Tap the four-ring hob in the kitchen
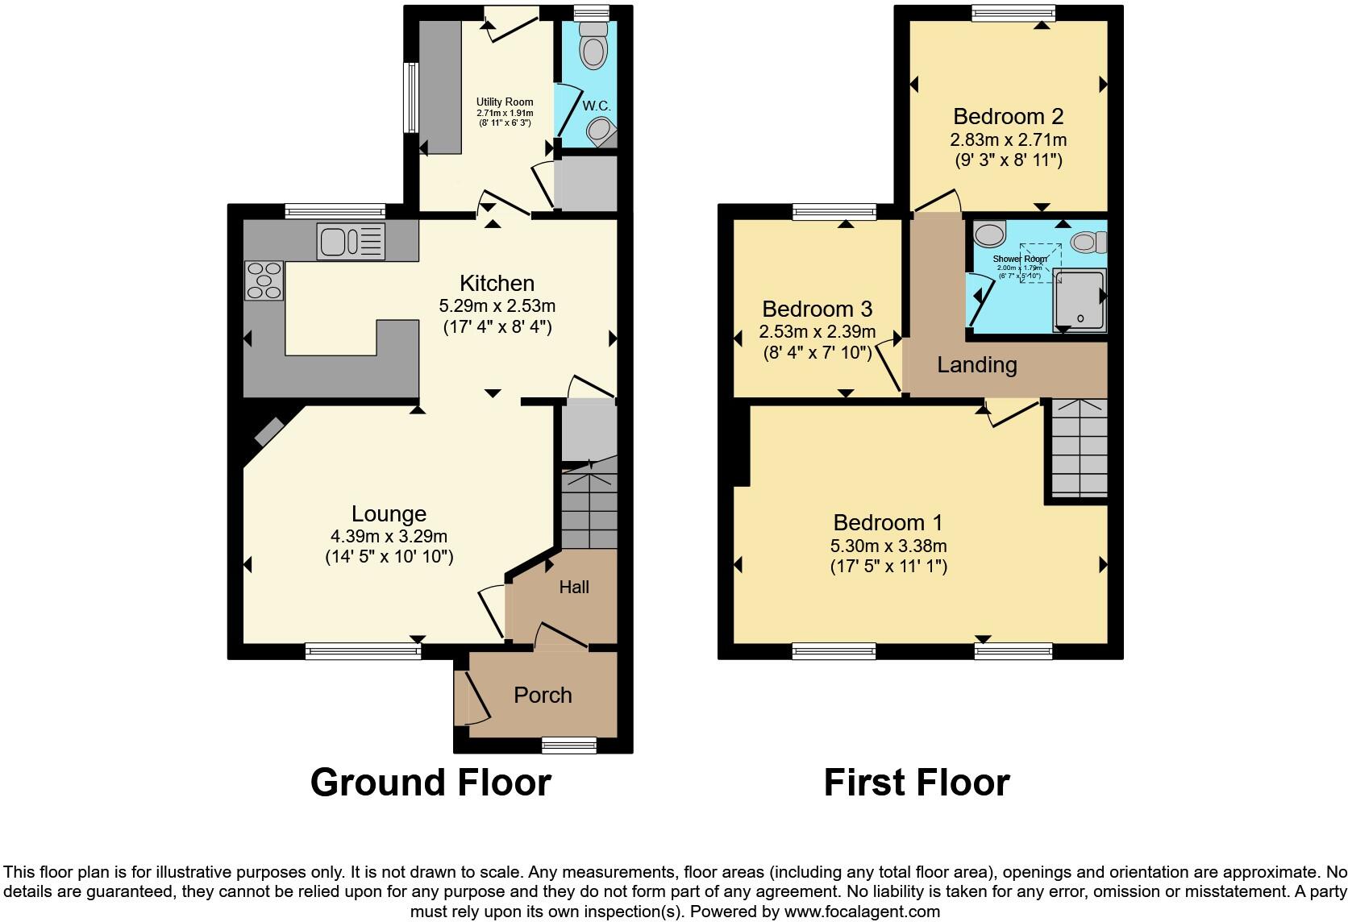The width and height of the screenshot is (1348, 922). click(264, 280)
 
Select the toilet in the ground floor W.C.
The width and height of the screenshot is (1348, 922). click(595, 45)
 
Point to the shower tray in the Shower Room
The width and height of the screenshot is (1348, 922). click(1079, 301)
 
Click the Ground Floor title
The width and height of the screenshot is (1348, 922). click(431, 783)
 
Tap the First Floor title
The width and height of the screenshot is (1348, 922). click(916, 783)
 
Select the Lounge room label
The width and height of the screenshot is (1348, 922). click(389, 513)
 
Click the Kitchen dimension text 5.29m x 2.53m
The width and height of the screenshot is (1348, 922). click(497, 306)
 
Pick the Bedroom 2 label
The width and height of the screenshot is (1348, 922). click(1008, 116)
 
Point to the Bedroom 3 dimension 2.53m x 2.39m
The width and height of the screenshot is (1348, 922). click(817, 332)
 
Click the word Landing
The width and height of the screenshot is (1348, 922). click(976, 365)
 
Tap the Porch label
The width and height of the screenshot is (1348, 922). click(543, 695)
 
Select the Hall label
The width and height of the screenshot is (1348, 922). click(574, 588)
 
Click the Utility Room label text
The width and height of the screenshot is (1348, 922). click(504, 102)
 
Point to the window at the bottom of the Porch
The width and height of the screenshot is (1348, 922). click(569, 745)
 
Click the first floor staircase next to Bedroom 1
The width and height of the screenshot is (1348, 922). click(1079, 447)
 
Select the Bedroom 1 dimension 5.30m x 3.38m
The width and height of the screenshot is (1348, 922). click(888, 546)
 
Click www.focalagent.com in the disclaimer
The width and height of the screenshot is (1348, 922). click(862, 912)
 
